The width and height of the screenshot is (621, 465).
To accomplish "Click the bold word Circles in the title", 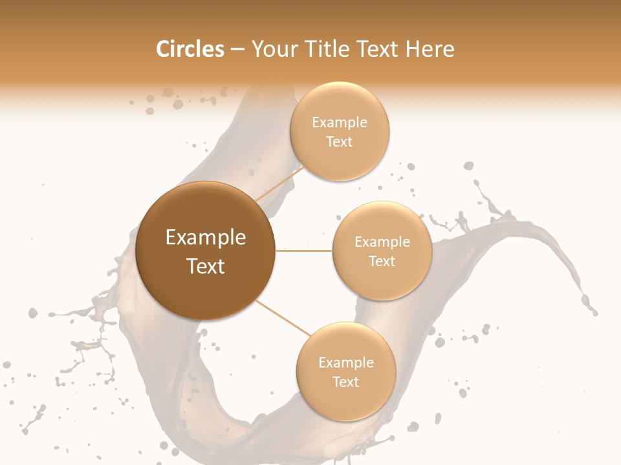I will (x=190, y=49).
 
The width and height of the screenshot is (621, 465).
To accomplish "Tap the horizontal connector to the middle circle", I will (x=303, y=251).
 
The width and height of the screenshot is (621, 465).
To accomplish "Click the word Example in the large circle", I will (x=206, y=238).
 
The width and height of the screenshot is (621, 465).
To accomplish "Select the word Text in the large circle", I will (x=206, y=266).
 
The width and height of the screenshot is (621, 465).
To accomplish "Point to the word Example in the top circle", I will (x=340, y=123).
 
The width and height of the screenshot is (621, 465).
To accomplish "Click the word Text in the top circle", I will (x=339, y=141).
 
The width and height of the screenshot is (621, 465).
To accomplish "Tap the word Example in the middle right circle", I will (x=382, y=242).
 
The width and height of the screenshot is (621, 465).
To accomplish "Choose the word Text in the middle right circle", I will (x=382, y=261).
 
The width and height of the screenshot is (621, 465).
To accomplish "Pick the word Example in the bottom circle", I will (x=346, y=363).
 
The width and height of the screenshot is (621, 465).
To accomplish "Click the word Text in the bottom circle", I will (x=345, y=382).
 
